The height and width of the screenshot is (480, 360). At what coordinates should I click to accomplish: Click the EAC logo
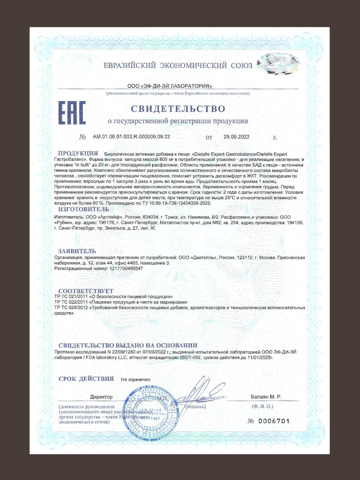(x=72, y=113)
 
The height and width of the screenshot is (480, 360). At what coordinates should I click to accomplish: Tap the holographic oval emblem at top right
(x=278, y=64)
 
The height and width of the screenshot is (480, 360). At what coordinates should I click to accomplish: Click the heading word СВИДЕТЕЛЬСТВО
(x=178, y=109)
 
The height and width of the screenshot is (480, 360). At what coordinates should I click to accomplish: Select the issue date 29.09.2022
(x=237, y=137)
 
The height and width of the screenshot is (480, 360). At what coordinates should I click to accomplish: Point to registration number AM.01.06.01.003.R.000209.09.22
(x=131, y=137)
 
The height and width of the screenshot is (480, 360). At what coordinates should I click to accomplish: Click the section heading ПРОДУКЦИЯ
(x=78, y=153)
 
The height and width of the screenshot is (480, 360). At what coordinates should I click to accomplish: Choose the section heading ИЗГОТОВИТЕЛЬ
(x=83, y=209)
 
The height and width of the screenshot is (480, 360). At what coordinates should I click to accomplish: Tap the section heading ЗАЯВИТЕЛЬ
(x=77, y=251)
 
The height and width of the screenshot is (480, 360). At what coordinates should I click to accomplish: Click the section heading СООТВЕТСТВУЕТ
(x=86, y=291)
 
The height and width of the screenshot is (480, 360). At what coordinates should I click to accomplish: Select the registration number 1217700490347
(x=126, y=269)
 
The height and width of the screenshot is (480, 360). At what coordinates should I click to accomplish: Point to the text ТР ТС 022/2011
(x=71, y=302)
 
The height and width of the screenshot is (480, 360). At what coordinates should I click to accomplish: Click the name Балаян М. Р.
(x=266, y=397)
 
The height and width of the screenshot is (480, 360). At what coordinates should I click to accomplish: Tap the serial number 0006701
(x=274, y=421)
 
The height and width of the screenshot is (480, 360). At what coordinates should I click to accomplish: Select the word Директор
(x=101, y=397)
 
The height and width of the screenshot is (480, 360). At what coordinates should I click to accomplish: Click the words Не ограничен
(x=135, y=379)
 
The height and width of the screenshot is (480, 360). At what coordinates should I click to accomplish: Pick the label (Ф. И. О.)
(x=262, y=406)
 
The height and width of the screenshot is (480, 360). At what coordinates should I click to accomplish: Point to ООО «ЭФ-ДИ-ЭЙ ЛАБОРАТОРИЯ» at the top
(x=170, y=86)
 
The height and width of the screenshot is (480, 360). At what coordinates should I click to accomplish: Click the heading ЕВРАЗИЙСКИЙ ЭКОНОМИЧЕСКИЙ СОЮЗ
(x=178, y=65)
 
